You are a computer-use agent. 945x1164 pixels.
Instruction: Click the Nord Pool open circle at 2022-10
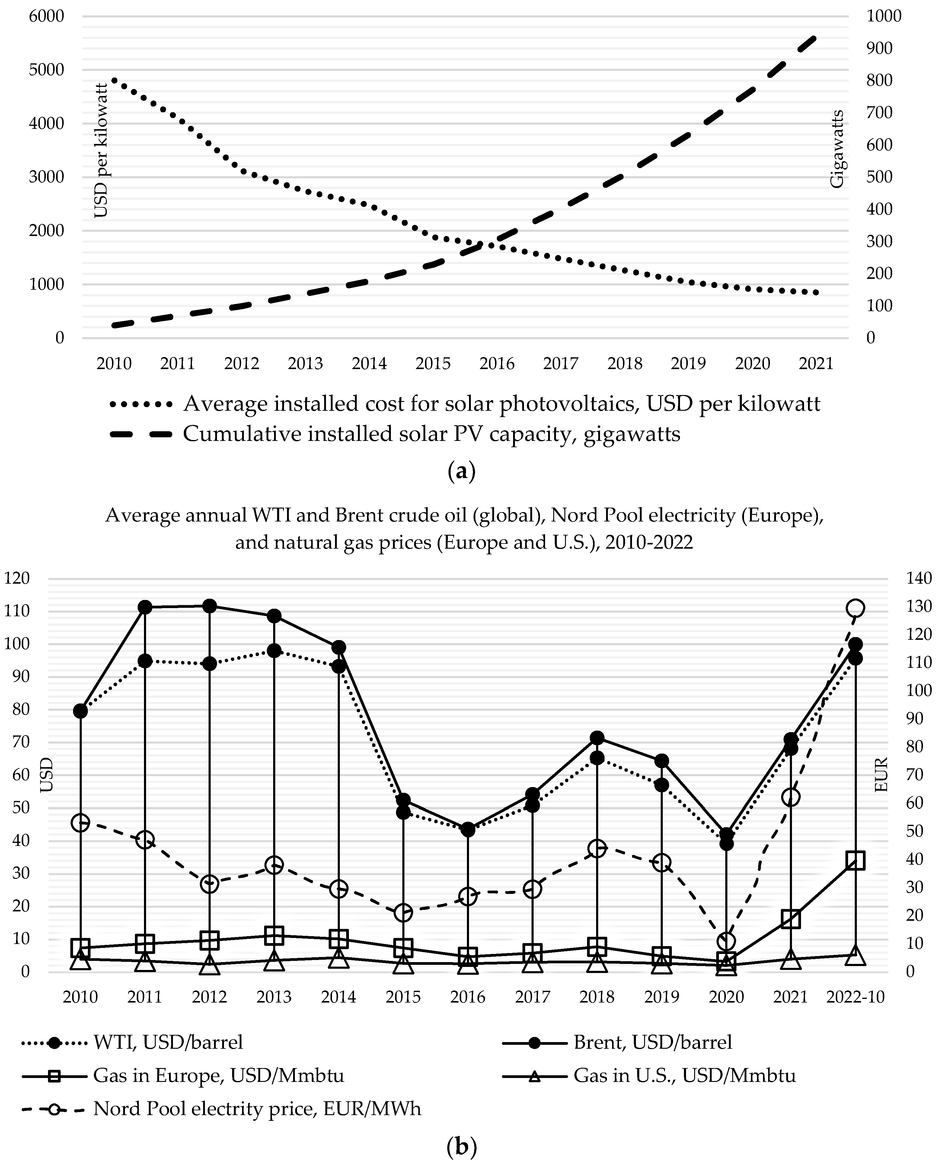click(x=855, y=608)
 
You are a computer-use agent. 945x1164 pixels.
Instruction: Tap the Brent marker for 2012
click(x=209, y=606)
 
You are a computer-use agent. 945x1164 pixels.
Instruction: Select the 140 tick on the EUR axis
click(x=919, y=578)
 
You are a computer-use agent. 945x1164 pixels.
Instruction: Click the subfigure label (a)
click(x=461, y=471)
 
